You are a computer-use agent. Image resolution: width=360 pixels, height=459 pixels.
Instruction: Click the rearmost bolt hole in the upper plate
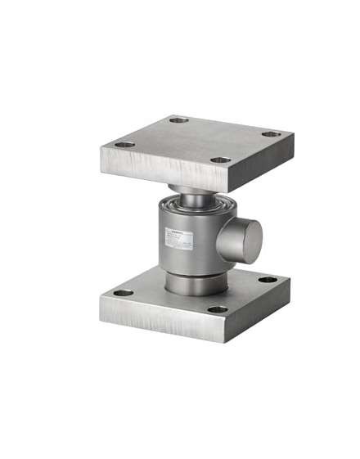click(178, 120)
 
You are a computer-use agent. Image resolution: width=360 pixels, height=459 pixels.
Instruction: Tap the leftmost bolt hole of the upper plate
click(124, 145)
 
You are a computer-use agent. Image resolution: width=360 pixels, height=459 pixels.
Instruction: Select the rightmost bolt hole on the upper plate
click(271, 134)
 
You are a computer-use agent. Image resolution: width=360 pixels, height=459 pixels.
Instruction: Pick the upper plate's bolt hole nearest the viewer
click(220, 160)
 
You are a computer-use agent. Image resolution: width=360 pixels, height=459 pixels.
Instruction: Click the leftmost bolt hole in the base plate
click(122, 292)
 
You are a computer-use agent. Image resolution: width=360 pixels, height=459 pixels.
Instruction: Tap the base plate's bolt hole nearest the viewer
click(218, 309)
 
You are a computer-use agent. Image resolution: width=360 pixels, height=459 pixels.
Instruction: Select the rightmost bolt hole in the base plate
click(268, 280)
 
